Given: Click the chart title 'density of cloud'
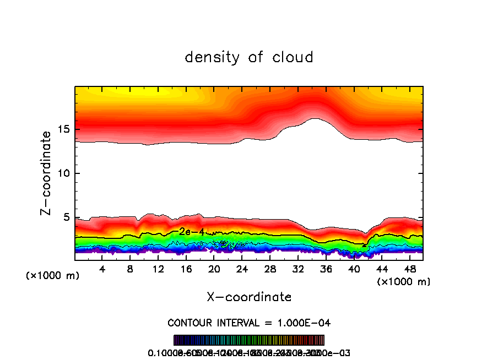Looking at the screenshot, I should [249, 57].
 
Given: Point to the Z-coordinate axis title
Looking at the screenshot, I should [47, 173].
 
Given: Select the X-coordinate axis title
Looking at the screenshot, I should [249, 297].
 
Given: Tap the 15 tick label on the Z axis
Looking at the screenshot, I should [63, 130].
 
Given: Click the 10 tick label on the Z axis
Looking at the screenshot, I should [63, 174].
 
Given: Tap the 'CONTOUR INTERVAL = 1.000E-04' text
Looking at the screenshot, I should [249, 322].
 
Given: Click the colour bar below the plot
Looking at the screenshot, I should [249, 340].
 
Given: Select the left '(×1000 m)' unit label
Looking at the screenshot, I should [53, 276].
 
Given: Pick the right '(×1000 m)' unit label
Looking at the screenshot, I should [404, 282].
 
